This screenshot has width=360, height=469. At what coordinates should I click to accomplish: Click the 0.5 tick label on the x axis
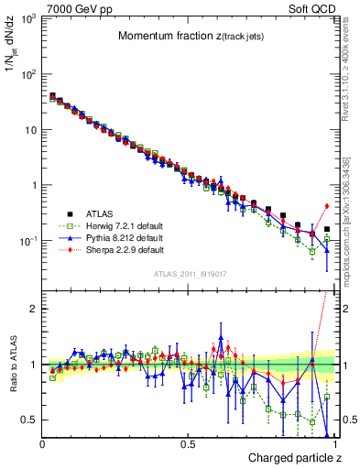(189, 444)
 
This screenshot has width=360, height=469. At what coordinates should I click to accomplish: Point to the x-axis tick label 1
(335, 444)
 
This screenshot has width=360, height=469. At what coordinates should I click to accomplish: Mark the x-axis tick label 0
(42, 444)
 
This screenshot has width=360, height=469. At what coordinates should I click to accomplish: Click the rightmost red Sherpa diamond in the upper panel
(327, 206)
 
